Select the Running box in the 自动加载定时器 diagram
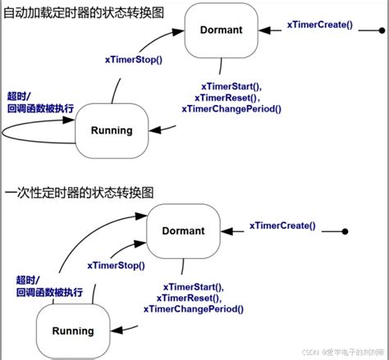coord(111,130)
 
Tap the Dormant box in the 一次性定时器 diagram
coord(185,231)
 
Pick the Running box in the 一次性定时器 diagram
coord(73,330)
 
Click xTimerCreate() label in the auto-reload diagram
coord(319,25)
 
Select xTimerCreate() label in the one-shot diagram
coord(281,226)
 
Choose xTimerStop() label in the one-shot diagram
coord(117,266)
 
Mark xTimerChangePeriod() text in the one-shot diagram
coord(193,309)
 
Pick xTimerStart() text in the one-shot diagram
coord(193,286)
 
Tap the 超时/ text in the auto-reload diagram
coord(20,95)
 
